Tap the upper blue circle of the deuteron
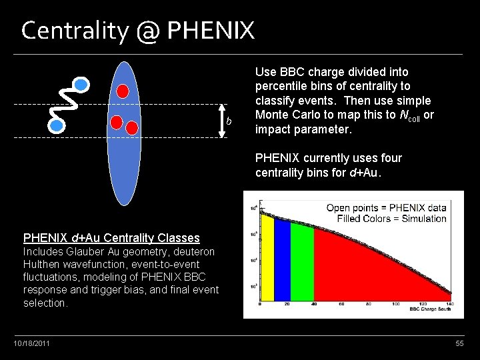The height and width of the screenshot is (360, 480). (81, 84)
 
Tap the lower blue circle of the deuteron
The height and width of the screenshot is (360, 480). (57, 124)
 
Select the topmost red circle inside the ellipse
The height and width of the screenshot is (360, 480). (123, 91)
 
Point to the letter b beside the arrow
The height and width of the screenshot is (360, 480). (229, 121)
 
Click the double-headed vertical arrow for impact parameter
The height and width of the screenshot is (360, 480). (222, 121)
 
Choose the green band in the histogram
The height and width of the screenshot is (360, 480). (301, 267)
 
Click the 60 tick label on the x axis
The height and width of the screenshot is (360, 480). (341, 305)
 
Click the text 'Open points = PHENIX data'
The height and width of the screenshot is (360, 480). (386, 208)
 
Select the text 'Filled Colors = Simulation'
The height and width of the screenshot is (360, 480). (391, 218)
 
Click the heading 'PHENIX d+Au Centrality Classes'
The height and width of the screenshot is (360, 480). (111, 237)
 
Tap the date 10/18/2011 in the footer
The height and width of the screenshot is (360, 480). (31, 343)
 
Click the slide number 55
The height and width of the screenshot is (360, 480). (459, 343)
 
